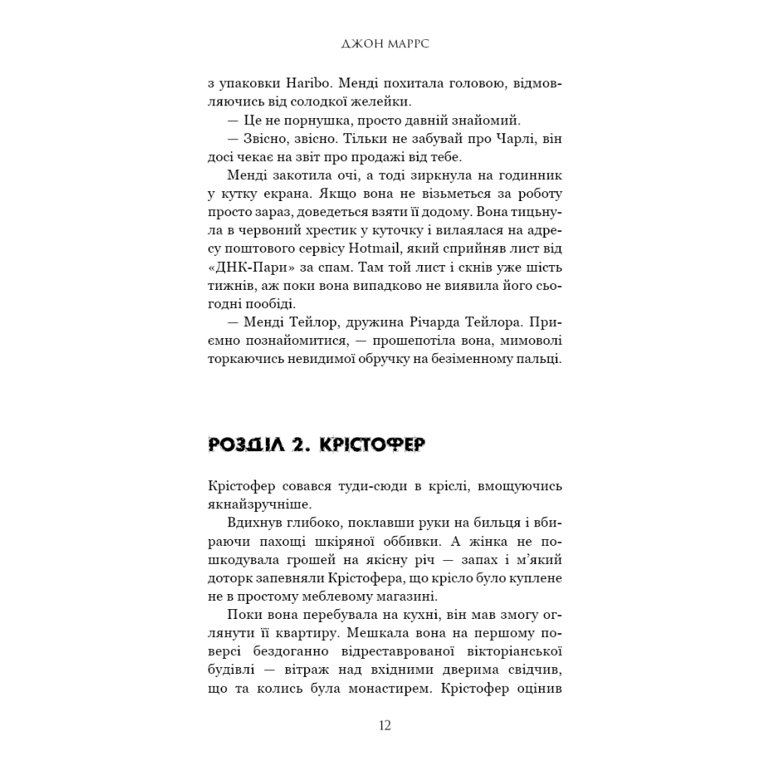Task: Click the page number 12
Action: (x=385, y=726)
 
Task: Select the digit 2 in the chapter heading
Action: (x=300, y=445)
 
